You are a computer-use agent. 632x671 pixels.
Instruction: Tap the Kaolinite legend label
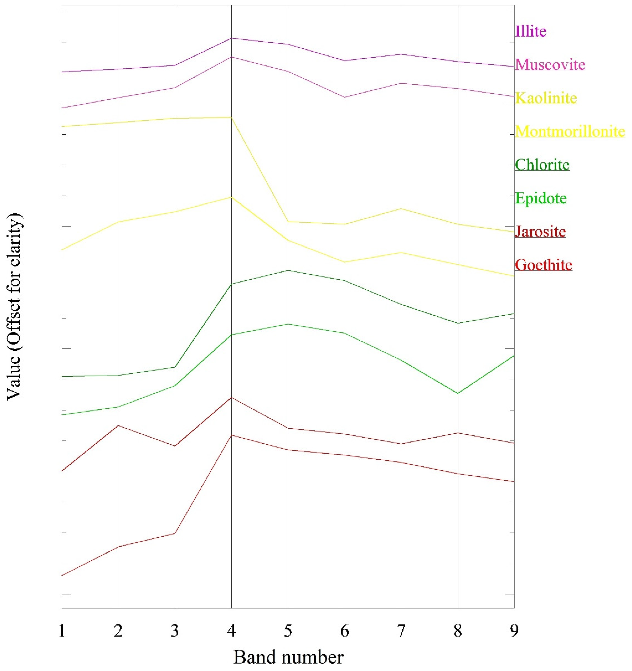tap(546, 98)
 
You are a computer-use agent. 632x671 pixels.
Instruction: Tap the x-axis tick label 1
tap(62, 631)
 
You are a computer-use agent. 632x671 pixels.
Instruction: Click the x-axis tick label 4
tap(231, 631)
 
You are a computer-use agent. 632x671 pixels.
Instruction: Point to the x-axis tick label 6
tap(344, 631)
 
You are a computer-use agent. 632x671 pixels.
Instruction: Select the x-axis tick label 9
tap(514, 631)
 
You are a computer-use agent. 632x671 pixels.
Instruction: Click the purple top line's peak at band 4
tap(231, 38)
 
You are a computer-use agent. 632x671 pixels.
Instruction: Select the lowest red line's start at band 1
tap(62, 575)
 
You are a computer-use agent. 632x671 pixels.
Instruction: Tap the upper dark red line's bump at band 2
tap(118, 426)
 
